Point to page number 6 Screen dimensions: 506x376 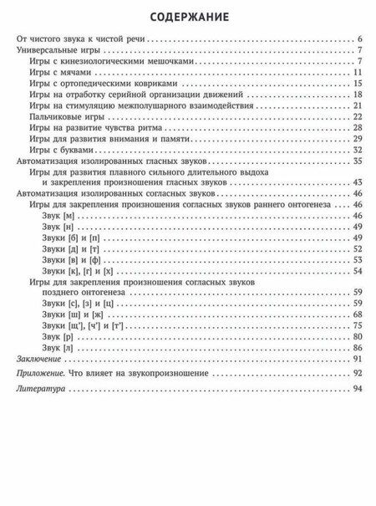click(x=358, y=40)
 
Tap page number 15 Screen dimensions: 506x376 click(x=356, y=84)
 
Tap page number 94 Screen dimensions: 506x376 click(x=356, y=390)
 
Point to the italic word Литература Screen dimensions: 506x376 click(x=41, y=390)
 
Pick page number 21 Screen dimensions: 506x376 click(x=356, y=105)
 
